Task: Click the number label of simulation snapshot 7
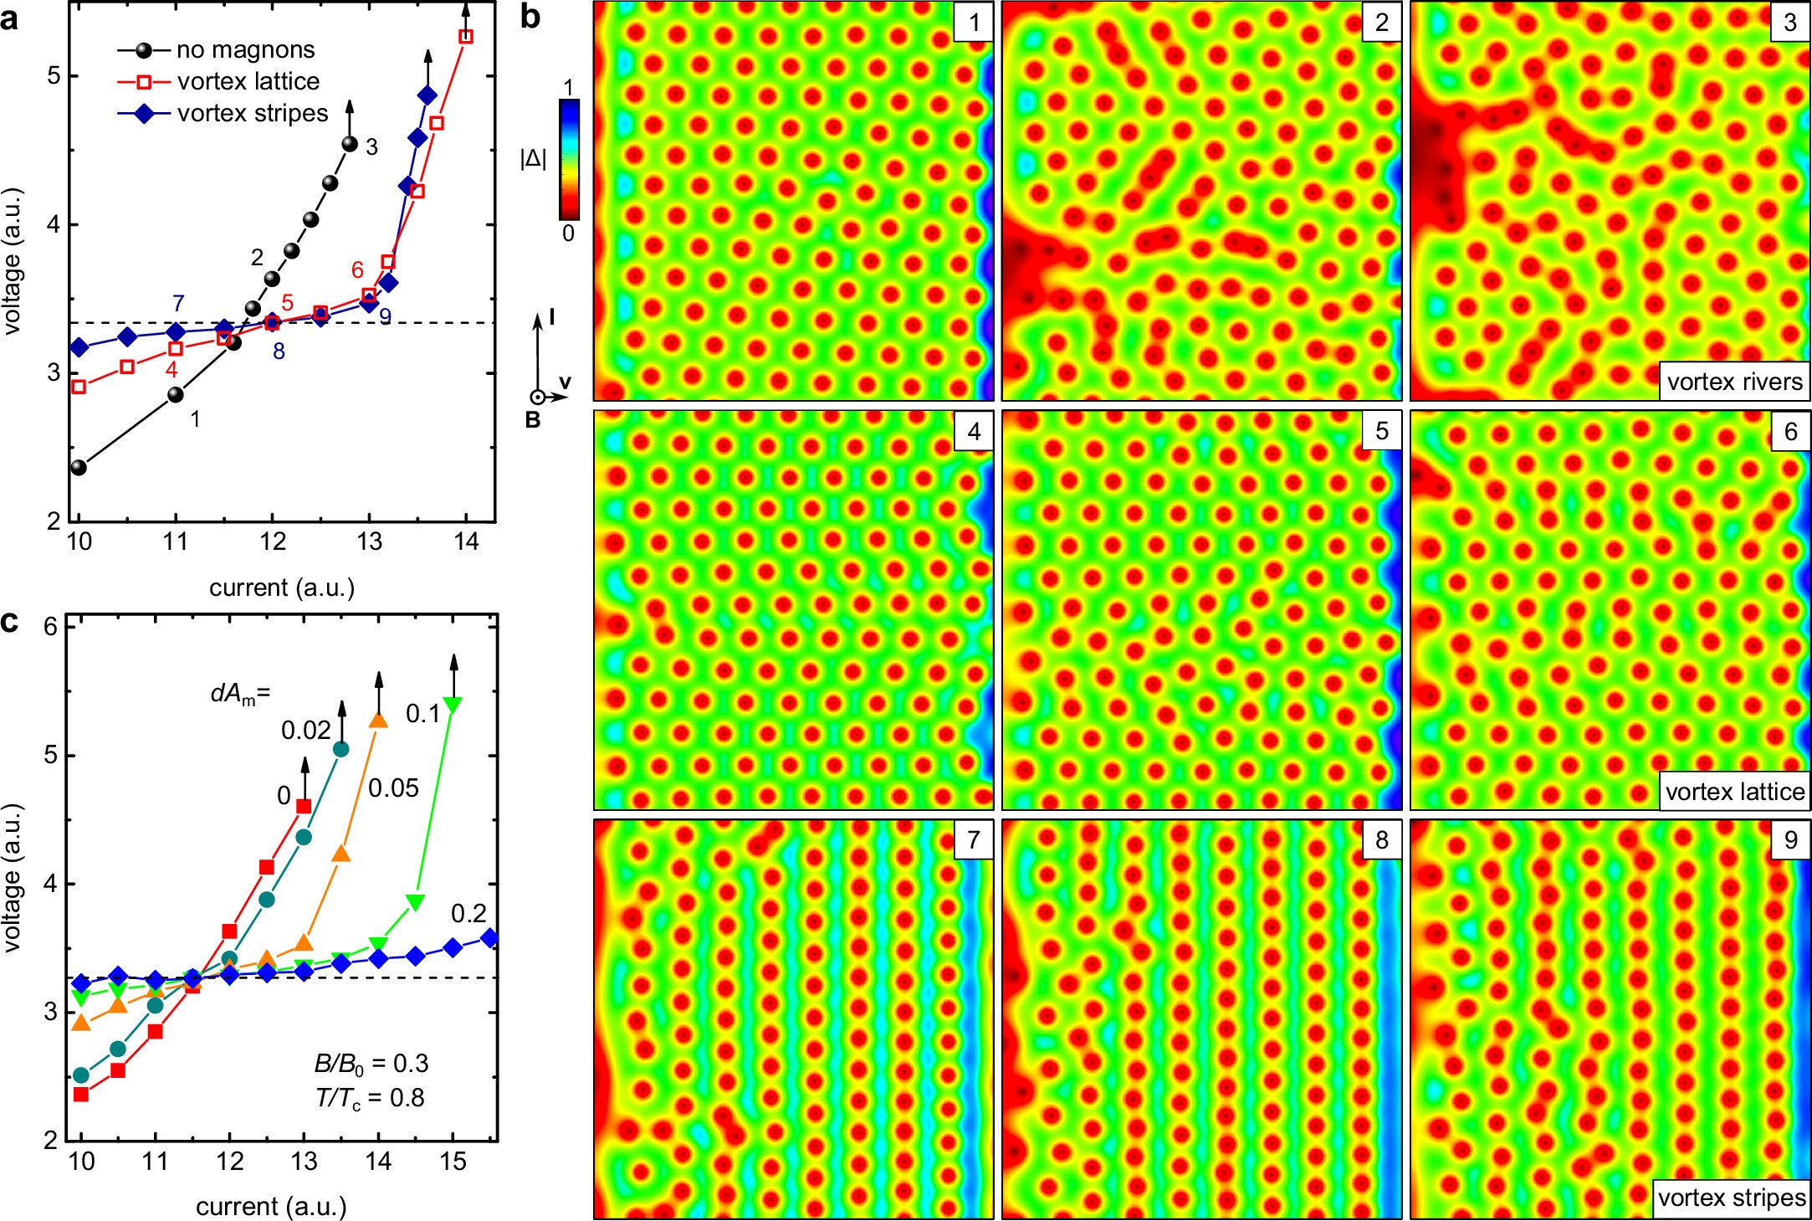click(x=973, y=839)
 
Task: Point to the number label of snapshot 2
click(x=1381, y=23)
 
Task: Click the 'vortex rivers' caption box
click(x=1733, y=382)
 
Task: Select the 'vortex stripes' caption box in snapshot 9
click(x=1731, y=1198)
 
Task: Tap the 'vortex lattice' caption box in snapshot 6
click(x=1734, y=791)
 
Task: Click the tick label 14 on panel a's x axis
click(x=466, y=542)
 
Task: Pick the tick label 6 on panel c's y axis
click(x=50, y=627)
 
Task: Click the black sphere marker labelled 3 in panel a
click(x=350, y=145)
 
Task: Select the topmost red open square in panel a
click(x=466, y=37)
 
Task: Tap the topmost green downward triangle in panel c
click(x=453, y=705)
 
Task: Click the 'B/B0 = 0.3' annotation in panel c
click(x=371, y=1064)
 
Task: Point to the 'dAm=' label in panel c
click(x=240, y=694)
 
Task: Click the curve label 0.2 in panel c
click(x=468, y=913)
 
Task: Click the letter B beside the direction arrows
click(x=532, y=420)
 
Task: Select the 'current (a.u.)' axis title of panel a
click(x=282, y=587)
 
